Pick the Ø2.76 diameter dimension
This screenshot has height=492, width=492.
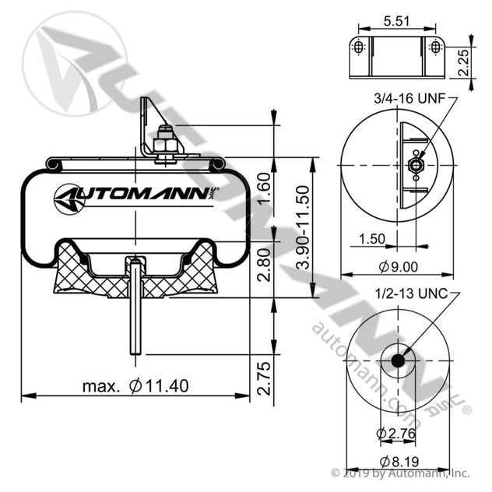[x=398, y=434]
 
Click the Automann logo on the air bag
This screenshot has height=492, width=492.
[x=136, y=197]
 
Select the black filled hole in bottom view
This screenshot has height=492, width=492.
[x=399, y=360]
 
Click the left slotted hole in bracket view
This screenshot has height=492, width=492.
[x=358, y=48]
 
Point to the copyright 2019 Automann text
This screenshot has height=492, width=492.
[x=400, y=473]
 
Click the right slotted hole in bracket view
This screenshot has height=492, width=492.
[x=435, y=48]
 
